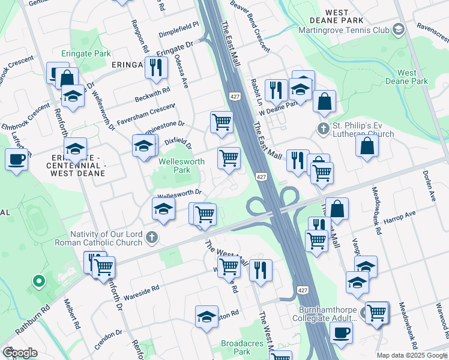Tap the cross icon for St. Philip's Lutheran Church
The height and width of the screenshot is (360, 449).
(x=324, y=128)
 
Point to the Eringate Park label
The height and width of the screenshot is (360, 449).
(x=85, y=53)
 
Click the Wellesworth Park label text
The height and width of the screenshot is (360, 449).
(x=181, y=166)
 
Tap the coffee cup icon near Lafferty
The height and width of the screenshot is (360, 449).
(x=16, y=160)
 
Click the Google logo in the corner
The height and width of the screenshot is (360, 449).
(x=19, y=352)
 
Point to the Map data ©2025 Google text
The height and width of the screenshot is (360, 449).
(x=411, y=355)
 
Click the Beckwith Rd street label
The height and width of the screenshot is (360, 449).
(x=152, y=95)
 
